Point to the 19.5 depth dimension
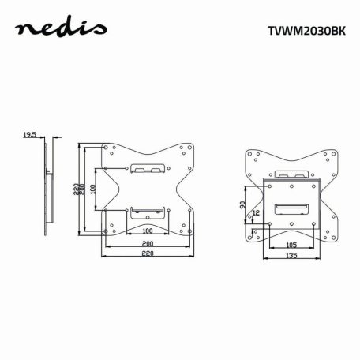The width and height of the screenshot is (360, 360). coord(30,136)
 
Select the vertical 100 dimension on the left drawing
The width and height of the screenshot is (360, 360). coord(92,189)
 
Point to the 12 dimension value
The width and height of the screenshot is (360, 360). coord(256,214)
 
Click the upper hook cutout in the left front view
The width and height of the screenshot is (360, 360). coord(146,168)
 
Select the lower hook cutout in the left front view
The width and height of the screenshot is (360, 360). coord(146,211)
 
